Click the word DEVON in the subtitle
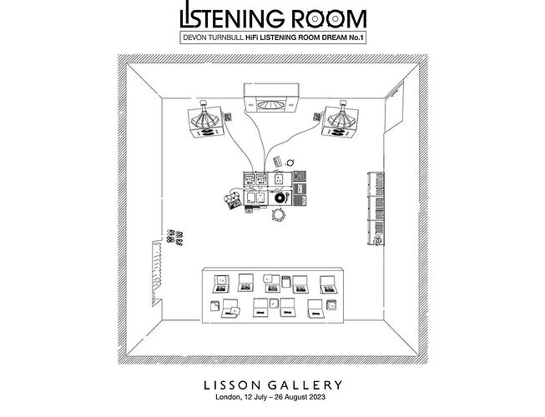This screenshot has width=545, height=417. [194, 38]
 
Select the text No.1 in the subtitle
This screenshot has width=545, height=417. [356, 38]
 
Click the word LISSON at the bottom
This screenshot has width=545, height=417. [232, 385]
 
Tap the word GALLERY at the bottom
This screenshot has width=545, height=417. [305, 385]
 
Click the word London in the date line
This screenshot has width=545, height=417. [228, 397]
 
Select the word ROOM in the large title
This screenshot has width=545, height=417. [329, 19]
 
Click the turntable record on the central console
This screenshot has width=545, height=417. [280, 198]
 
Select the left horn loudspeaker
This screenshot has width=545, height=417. [206, 121]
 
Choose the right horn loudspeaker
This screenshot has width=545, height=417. [341, 120]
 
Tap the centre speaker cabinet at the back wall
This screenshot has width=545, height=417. [271, 98]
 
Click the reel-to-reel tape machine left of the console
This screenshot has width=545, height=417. [233, 198]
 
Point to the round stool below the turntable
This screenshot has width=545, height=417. [279, 214]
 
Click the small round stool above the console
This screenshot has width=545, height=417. [290, 162]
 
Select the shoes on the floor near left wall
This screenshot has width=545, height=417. [174, 237]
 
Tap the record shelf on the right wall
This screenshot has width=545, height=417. [376, 208]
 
